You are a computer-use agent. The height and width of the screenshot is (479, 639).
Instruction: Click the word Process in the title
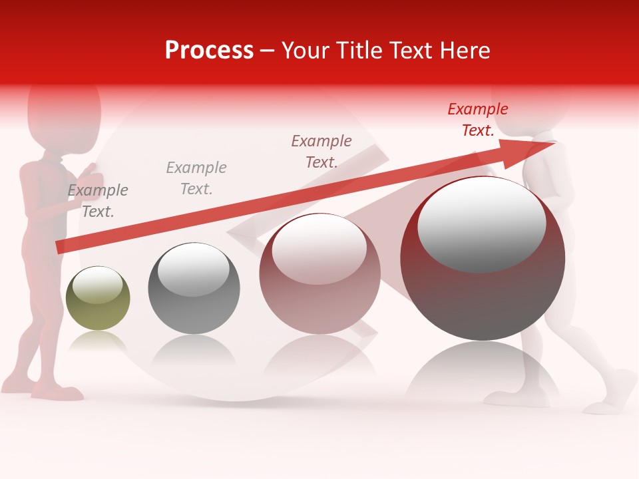tap(209, 51)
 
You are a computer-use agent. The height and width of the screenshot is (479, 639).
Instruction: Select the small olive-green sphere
tap(98, 299)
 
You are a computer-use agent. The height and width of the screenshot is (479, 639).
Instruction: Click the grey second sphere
tap(194, 289)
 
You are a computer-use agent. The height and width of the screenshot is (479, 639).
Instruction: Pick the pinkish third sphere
tap(319, 274)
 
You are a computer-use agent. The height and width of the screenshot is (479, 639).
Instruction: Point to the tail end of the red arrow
tap(59, 247)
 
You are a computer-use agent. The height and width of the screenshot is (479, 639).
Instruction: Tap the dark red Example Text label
tap(478, 120)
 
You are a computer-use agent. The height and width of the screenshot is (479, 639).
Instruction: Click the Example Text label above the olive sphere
tap(98, 201)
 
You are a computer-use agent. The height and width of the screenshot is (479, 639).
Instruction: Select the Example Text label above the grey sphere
tap(196, 178)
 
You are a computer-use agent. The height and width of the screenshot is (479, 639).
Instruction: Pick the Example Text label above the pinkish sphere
tap(321, 151)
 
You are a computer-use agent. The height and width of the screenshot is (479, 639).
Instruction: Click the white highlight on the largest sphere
tap(481, 225)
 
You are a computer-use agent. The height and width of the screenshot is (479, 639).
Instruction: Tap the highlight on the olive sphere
tap(97, 285)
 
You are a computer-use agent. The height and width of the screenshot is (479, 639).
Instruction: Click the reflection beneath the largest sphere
tap(483, 373)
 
